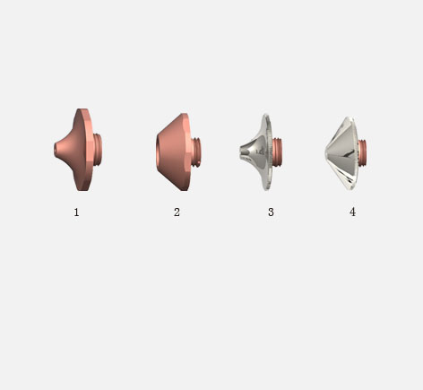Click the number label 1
click(76, 212)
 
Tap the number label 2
click(177, 212)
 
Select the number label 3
click(271, 212)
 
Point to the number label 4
click(352, 212)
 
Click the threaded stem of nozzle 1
click(98, 150)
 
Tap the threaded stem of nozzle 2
click(196, 152)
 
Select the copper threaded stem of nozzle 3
click(277, 152)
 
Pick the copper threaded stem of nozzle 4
click(363, 152)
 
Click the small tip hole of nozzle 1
click(56, 150)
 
